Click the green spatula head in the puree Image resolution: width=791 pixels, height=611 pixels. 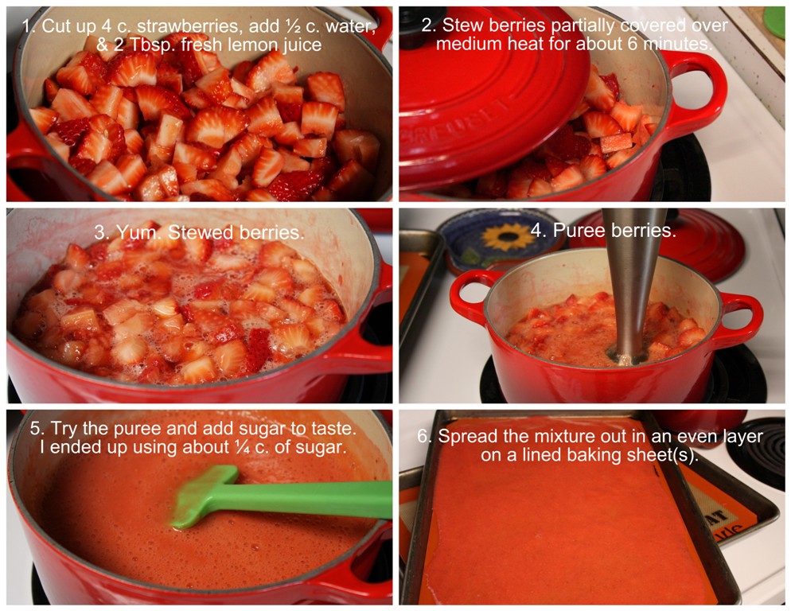pos(205,496)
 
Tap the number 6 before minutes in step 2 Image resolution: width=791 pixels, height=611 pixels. pos(633,44)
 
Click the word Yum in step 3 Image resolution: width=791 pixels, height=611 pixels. pos(133,232)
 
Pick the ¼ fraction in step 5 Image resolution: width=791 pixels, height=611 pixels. pos(243,447)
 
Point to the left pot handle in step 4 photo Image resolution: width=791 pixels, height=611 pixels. pos(472,298)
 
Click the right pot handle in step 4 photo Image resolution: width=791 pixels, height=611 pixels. pos(741,319)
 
